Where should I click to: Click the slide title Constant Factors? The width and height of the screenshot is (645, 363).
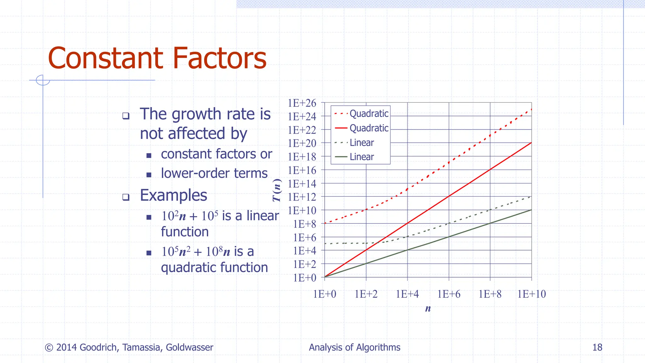coord(157,58)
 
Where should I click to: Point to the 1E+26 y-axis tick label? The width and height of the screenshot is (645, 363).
coord(302,103)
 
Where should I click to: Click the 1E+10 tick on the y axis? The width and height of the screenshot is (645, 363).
coord(302,210)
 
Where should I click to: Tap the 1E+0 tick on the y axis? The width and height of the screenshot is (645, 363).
coord(305,278)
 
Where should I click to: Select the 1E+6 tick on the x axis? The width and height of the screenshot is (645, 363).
coord(449,294)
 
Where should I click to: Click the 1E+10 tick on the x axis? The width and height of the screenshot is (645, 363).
coord(532,294)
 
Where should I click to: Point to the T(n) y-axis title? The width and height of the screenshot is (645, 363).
coord(277,190)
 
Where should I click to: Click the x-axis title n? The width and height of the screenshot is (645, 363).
coord(428,308)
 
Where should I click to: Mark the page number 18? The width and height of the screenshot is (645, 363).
coord(597,347)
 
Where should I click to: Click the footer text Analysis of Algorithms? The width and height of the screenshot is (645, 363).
coord(354,347)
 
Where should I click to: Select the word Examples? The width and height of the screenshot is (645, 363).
coord(174,195)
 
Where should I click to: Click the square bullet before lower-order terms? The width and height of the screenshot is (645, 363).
coord(149,175)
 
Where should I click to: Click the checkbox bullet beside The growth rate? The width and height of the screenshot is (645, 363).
coord(126,116)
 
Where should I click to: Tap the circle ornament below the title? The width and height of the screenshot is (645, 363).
coord(43,80)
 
